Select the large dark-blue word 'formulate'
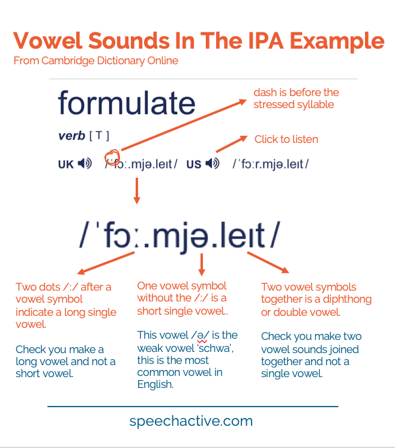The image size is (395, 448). pos(127,103)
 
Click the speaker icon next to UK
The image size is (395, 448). pos(85,163)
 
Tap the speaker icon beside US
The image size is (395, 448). pos(211,163)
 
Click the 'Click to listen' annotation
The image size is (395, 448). pos(286,139)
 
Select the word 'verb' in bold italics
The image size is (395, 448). pos(71,136)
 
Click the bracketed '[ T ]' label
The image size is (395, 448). pos(99,136)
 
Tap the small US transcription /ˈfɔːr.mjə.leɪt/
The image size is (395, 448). pos(271,163)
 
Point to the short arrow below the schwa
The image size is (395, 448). pos(202,264)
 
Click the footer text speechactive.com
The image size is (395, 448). pos(191,421)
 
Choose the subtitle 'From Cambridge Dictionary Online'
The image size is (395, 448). pos(95,61)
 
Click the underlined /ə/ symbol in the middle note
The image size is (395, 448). pos(202,335)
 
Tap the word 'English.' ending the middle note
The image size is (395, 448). pos(155,384)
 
